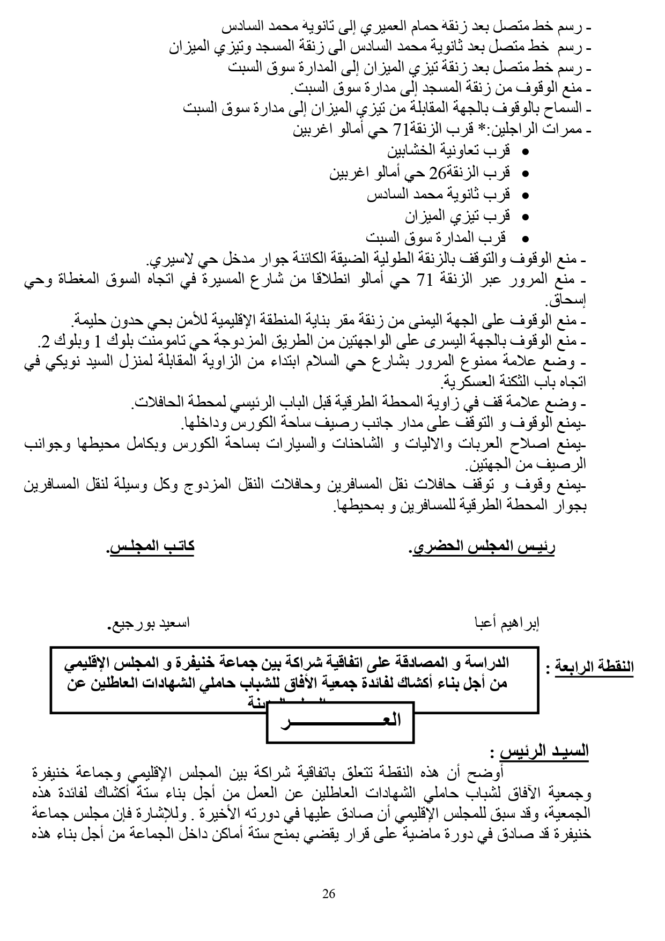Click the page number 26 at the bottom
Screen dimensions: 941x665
coord(329,893)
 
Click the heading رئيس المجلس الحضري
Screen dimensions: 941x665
coord(483,547)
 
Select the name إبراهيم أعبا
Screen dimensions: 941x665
coord(507,624)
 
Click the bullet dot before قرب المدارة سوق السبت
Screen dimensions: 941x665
coord(525,239)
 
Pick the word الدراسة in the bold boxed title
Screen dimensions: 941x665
coord(488,663)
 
